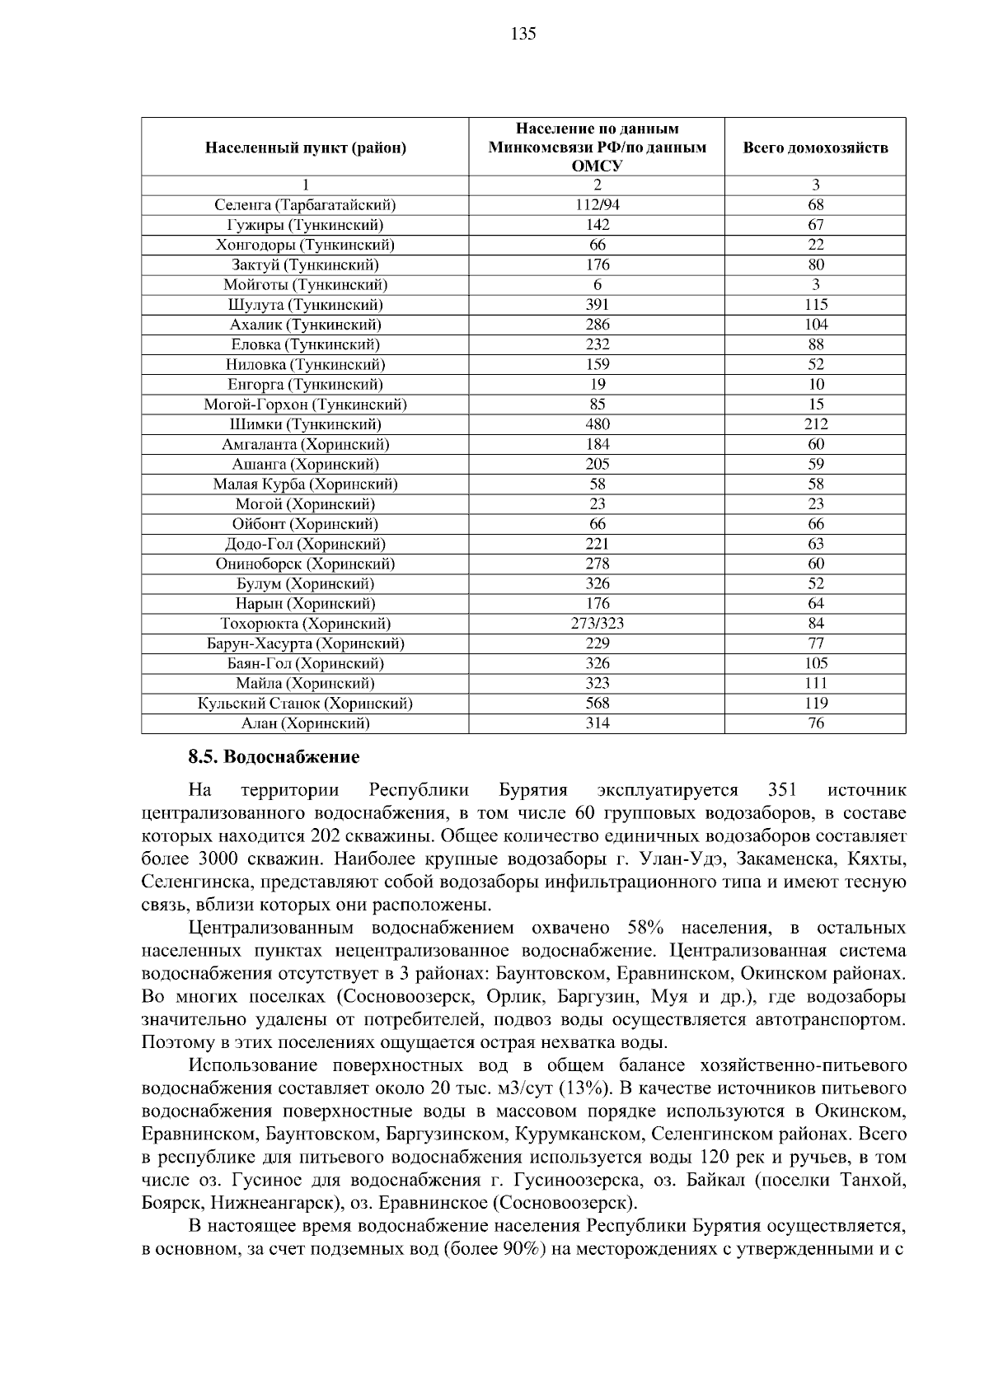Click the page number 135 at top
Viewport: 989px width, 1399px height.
(x=523, y=34)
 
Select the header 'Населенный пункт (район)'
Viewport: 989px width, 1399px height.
(x=305, y=148)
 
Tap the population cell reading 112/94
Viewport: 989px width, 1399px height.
(x=597, y=205)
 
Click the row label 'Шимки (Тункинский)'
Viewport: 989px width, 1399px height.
(x=305, y=424)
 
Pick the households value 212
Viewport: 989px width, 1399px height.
(x=815, y=424)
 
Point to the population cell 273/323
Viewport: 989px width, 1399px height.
(x=597, y=624)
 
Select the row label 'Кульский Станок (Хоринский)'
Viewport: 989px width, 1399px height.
(x=305, y=704)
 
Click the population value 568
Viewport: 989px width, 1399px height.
(x=597, y=704)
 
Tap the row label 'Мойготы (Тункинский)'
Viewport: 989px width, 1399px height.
(x=305, y=285)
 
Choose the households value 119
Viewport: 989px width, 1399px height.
(x=815, y=704)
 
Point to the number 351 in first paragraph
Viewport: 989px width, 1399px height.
(x=782, y=790)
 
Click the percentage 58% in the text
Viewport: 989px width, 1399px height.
(x=645, y=928)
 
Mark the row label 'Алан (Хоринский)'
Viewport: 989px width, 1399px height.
(x=305, y=723)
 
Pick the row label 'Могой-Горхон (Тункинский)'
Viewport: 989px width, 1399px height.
(x=305, y=405)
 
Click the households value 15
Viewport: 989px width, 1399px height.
(x=815, y=405)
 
